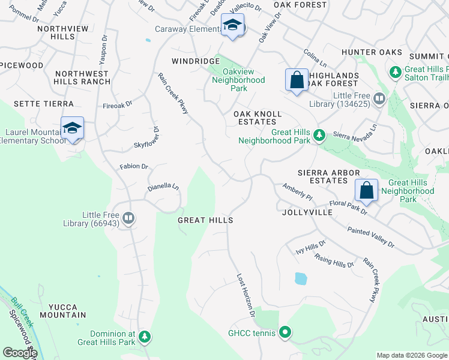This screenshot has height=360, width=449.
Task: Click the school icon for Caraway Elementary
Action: click(232, 25)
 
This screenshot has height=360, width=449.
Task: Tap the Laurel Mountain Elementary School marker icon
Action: click(72, 128)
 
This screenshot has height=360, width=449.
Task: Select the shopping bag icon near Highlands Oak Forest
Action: click(297, 80)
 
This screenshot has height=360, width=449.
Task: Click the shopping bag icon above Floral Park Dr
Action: click(366, 190)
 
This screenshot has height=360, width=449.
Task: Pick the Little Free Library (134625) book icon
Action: click(379, 98)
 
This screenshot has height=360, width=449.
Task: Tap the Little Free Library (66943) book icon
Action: click(128, 218)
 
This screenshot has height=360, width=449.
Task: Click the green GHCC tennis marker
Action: click(285, 332)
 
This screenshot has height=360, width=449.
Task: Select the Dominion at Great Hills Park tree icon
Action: click(144, 337)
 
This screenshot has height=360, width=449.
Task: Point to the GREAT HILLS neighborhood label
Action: click(205, 221)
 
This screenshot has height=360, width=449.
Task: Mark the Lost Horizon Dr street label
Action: click(246, 296)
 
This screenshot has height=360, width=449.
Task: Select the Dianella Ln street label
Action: click(163, 188)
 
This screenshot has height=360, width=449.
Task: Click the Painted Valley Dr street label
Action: click(370, 237)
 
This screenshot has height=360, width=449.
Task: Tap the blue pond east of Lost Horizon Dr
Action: click(300, 278)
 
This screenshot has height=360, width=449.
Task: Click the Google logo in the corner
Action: click(19, 353)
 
